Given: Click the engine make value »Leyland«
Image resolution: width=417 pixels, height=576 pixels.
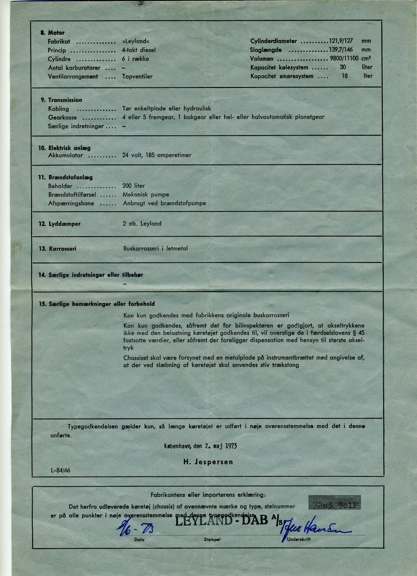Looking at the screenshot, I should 134,41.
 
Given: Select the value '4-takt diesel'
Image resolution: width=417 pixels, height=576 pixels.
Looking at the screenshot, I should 139,50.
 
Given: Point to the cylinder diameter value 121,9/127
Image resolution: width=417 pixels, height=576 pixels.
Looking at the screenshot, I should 341,41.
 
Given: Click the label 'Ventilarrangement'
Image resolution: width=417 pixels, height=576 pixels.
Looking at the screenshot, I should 73,76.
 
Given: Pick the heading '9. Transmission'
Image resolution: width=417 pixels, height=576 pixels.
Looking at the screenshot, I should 61,100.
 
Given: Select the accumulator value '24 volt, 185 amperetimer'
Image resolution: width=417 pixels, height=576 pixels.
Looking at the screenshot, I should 157,155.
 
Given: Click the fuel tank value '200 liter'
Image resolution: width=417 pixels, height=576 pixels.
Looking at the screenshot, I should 134,186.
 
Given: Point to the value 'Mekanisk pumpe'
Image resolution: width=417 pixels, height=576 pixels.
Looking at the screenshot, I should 146,194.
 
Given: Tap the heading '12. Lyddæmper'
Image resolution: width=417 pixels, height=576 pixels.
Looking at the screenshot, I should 60,224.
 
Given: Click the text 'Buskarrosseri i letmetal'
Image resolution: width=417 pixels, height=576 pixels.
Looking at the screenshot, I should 155,249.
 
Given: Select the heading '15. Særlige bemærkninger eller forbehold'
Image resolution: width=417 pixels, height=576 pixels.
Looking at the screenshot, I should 97,304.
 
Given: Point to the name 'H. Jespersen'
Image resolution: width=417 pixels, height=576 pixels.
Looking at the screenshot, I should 207,462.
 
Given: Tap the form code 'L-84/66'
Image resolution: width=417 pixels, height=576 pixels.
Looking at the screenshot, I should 61,470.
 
